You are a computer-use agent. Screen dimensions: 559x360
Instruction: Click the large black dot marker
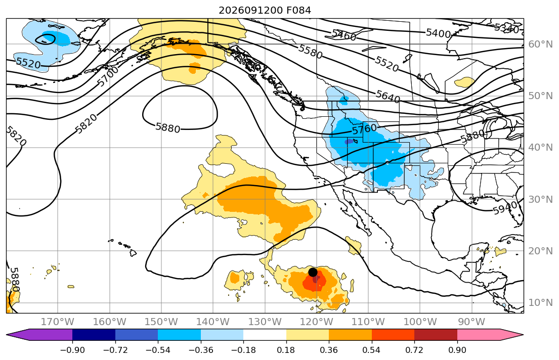click(313, 273)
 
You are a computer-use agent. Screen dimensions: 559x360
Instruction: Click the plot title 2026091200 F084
click(265, 10)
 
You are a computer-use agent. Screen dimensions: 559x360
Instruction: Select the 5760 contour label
click(364, 128)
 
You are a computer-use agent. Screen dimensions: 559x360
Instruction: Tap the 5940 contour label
click(505, 208)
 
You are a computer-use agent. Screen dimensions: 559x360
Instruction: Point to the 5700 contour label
click(108, 76)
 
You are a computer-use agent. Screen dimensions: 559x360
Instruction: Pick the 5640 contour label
click(388, 97)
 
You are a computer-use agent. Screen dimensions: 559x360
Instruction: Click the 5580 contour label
click(310, 52)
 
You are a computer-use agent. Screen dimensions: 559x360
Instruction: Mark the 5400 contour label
click(439, 33)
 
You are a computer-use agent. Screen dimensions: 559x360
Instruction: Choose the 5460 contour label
click(344, 35)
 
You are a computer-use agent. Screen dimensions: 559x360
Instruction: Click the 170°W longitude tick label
click(58, 322)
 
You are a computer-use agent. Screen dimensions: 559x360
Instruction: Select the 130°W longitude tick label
click(265, 322)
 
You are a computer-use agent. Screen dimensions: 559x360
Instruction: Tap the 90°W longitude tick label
click(471, 322)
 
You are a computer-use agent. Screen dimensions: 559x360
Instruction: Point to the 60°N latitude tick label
click(540, 44)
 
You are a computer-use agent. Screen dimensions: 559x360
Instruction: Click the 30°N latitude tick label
click(540, 199)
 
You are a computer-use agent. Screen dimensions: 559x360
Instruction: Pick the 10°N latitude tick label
click(540, 303)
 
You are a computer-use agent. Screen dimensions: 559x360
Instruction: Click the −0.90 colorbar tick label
click(72, 350)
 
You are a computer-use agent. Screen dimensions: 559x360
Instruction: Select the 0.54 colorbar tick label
click(371, 350)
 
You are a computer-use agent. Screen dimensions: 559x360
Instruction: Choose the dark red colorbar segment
click(436, 335)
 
